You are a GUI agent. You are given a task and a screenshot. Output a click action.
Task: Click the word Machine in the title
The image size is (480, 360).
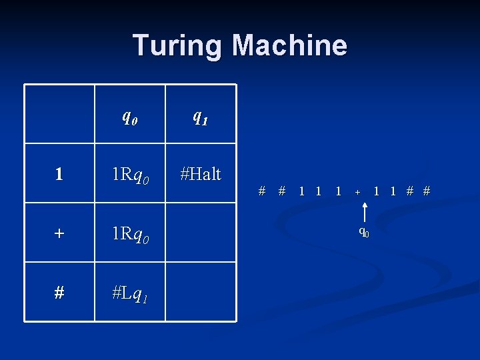[x=289, y=45]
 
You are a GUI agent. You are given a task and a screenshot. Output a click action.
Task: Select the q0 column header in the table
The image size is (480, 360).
[x=130, y=117]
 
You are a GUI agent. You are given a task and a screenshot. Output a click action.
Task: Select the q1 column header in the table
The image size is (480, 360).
[x=200, y=117]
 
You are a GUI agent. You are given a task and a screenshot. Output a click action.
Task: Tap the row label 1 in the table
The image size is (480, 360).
[x=59, y=175]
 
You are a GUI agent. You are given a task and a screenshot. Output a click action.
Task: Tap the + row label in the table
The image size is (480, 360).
[x=59, y=234]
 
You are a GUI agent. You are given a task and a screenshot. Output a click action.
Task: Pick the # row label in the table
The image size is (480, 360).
[x=59, y=293]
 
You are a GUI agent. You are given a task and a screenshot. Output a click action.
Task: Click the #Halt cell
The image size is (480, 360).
[x=200, y=174]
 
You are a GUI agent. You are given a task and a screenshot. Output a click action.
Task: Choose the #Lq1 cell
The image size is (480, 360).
[x=130, y=293]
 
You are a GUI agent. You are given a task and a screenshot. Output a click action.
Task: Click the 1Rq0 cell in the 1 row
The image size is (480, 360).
[x=130, y=175]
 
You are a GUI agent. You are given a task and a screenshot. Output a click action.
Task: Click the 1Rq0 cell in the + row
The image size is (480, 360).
[x=130, y=234]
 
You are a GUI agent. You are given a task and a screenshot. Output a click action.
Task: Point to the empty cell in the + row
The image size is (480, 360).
[x=200, y=233]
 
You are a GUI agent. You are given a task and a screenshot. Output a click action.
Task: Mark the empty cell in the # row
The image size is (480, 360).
[x=200, y=292]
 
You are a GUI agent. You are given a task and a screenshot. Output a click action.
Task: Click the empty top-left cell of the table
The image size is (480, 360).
[x=59, y=114]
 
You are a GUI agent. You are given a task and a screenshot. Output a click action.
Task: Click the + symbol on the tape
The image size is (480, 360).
[x=357, y=192]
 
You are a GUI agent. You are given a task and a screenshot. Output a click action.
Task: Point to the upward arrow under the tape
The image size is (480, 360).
[x=365, y=212]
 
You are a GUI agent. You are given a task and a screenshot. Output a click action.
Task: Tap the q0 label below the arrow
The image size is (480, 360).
[x=364, y=232]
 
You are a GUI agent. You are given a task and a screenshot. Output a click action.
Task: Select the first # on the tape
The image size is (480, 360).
[x=262, y=191]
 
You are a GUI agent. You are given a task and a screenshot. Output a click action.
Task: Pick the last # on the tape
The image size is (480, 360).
[x=427, y=191]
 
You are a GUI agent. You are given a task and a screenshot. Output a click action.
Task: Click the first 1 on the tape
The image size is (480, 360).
[x=302, y=191]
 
